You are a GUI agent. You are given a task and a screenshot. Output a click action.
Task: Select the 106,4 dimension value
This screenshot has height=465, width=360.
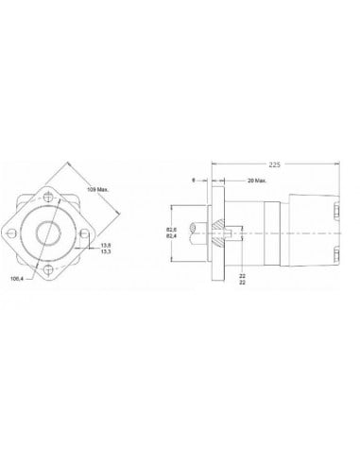pos(15,280)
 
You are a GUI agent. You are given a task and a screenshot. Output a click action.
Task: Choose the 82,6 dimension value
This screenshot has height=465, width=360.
pos(172,228)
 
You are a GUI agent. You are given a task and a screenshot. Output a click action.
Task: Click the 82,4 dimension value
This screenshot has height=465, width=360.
pos(172,236)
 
